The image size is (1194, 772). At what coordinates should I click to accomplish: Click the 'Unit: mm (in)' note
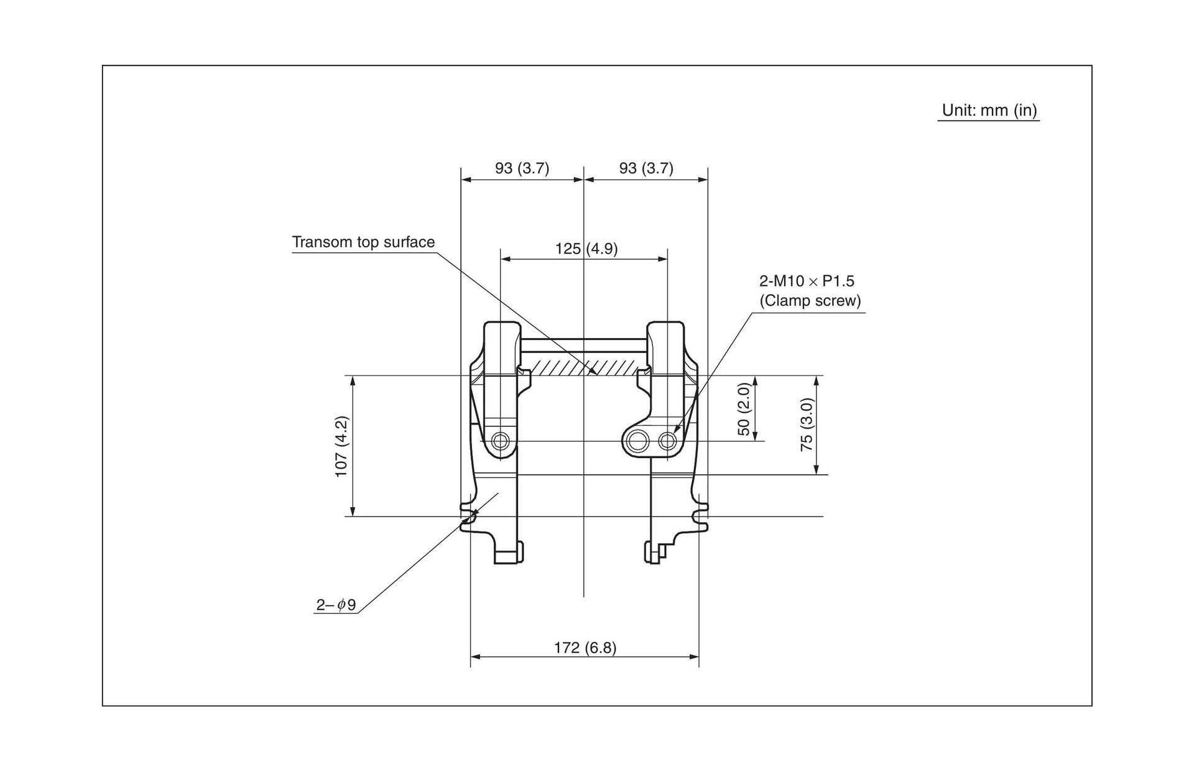point(989,111)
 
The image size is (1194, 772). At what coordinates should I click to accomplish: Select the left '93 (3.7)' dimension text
point(522,168)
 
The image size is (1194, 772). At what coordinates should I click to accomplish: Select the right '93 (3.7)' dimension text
point(646,168)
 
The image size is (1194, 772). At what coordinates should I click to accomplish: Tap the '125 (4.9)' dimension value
point(586,249)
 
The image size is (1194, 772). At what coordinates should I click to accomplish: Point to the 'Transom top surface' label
point(363,242)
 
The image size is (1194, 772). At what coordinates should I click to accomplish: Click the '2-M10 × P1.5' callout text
point(807,282)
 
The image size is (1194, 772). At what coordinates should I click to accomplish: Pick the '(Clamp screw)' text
point(810,301)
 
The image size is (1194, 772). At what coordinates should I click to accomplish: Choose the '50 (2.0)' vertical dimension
point(744,409)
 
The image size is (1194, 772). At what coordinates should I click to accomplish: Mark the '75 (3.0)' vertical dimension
point(807,425)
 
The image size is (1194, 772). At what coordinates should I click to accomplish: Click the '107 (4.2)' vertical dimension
point(341,446)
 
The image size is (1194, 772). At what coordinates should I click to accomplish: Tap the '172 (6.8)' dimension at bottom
point(585,648)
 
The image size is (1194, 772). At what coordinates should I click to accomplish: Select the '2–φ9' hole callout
point(336,605)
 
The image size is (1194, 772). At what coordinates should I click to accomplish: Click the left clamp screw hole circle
point(500,441)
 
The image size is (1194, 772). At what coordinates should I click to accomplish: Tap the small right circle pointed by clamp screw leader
point(668,441)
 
